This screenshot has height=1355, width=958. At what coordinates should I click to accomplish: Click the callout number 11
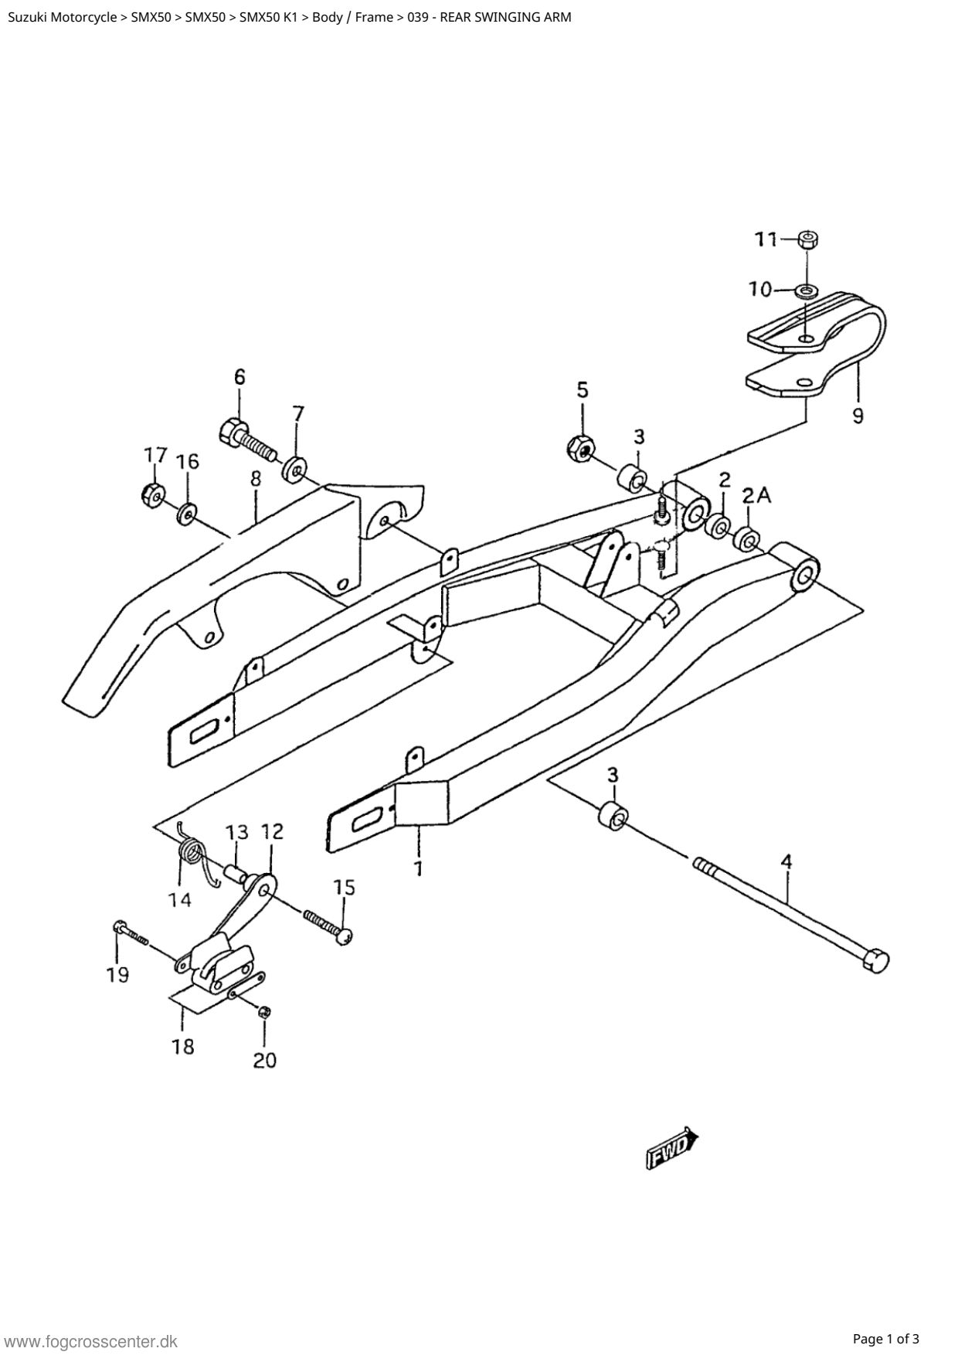[766, 239]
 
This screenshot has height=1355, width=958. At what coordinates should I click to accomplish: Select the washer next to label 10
[807, 291]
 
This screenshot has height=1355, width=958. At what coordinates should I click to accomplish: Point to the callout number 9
[858, 416]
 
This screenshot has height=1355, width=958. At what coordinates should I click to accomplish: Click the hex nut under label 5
[581, 447]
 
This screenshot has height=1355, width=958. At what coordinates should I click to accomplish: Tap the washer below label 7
[294, 469]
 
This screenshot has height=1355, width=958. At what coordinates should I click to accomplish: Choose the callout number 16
[187, 461]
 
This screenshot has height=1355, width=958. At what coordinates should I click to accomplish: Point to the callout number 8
[256, 478]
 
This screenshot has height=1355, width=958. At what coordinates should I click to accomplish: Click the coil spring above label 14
[194, 854]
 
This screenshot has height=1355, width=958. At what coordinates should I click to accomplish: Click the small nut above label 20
[263, 1012]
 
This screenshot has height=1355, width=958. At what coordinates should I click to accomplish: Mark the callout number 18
[184, 1047]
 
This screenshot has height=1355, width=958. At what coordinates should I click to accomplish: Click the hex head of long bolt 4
[875, 961]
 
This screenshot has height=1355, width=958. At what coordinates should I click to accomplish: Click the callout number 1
[418, 868]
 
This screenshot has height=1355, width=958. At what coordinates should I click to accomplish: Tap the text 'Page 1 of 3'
[886, 1338]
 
